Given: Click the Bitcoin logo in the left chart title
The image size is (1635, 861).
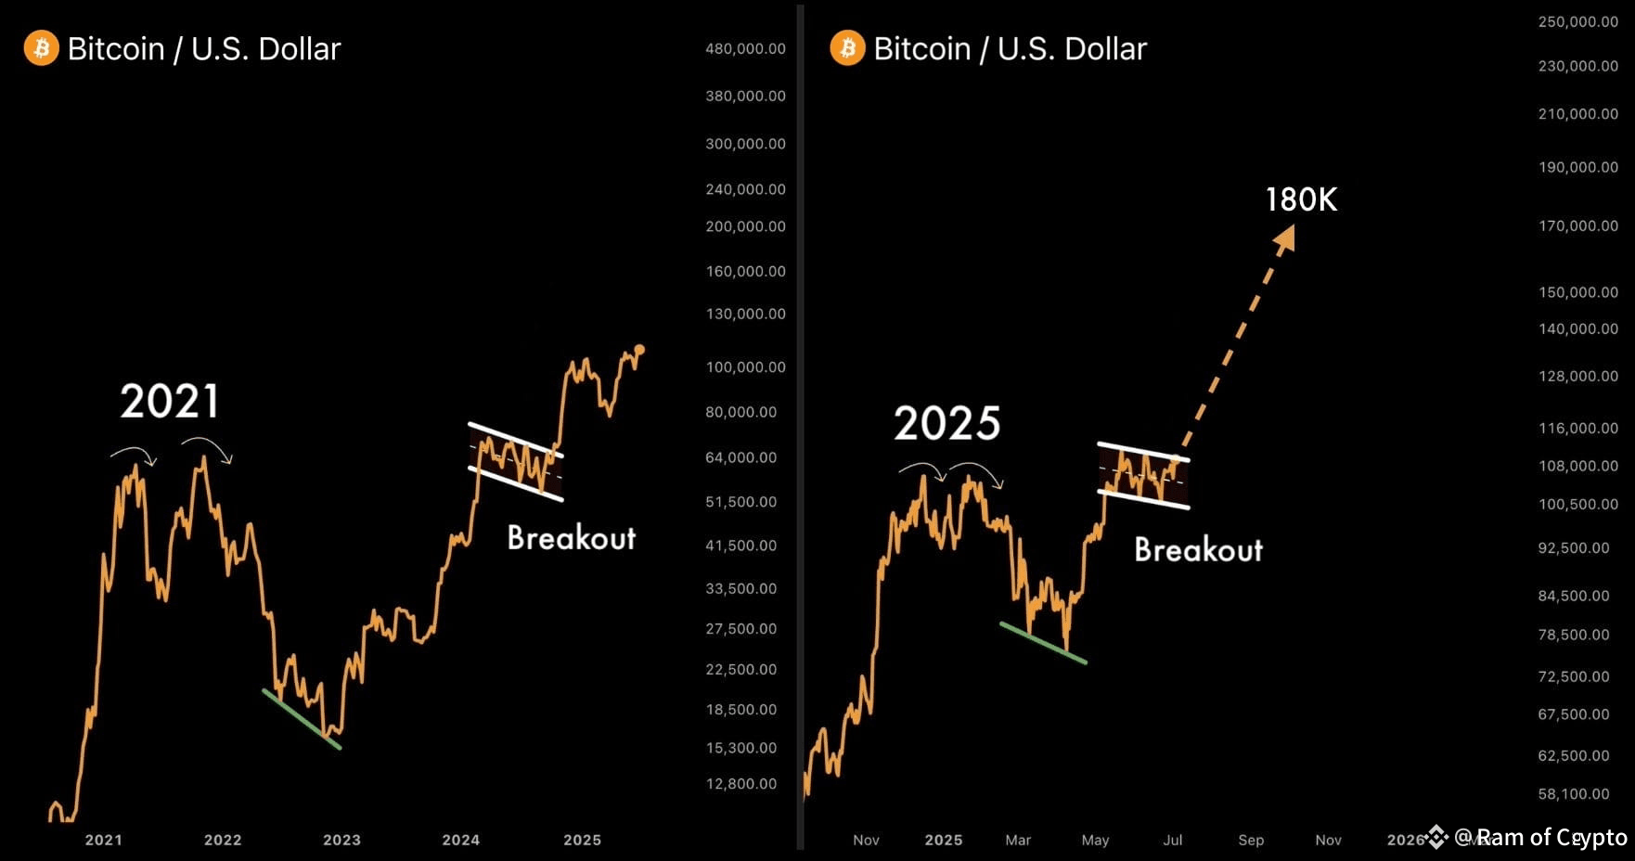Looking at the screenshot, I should (x=41, y=48).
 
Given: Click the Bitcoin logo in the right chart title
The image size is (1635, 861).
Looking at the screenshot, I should (x=847, y=48).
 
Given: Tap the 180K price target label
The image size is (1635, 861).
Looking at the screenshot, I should (x=1301, y=199).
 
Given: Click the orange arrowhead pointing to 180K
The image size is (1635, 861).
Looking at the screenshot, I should (x=1284, y=239).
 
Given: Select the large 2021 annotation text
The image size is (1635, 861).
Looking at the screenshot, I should (x=170, y=402).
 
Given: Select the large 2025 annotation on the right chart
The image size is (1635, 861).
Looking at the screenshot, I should (x=946, y=423).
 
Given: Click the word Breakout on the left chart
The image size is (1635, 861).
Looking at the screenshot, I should (x=572, y=537).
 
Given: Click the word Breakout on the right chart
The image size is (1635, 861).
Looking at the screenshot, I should (x=1198, y=549).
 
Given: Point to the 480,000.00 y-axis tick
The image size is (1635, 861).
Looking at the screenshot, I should (x=745, y=48).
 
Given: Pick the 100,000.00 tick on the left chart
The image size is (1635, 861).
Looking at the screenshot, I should (x=745, y=367).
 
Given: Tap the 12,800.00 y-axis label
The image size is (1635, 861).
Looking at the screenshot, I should (x=741, y=784).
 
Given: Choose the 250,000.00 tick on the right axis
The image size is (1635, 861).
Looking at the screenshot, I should (x=1577, y=21).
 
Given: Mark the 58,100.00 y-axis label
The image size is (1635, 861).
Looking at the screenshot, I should (x=1574, y=794).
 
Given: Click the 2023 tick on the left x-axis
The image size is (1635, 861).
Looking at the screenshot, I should (x=341, y=840).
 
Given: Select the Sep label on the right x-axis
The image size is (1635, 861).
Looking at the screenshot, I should (x=1251, y=840).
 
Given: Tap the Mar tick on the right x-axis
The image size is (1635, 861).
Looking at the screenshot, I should (x=1018, y=840).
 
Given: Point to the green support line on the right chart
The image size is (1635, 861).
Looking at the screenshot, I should (x=1042, y=643).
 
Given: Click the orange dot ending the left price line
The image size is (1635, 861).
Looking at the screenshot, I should (x=639, y=350).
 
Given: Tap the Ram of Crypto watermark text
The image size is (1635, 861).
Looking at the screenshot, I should (x=1540, y=838).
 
